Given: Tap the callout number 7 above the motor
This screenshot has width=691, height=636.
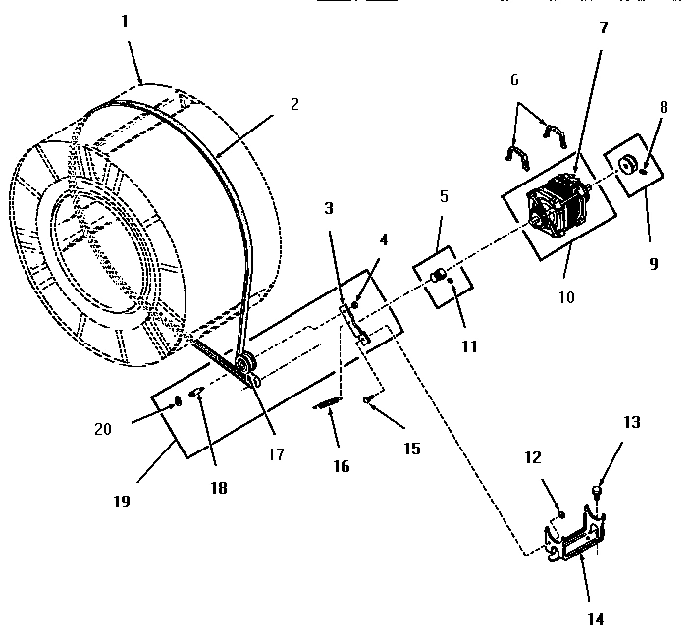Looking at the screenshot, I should pyautogui.click(x=604, y=27).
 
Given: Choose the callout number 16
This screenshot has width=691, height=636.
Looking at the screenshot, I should pyautogui.click(x=341, y=466).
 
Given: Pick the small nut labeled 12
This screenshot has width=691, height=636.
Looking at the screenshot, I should pyautogui.click(x=560, y=513).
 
